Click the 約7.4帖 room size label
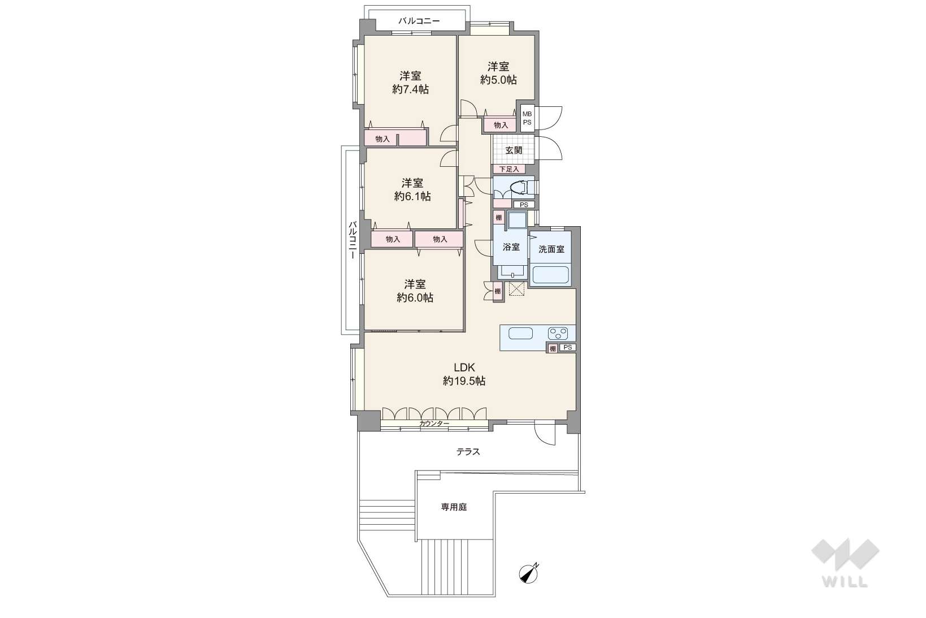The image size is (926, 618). point(411,89)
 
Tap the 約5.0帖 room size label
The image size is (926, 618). point(498,79)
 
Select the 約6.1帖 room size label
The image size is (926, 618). point(412,196)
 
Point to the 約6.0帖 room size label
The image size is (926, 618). point(415,297)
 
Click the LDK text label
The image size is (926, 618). point(464,367)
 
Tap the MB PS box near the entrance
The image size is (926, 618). point(527,118)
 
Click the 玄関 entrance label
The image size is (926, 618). point(514,150)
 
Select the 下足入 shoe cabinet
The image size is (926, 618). point(509,169)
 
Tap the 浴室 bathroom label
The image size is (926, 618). point(511,247)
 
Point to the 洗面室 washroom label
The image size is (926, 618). point(551,249)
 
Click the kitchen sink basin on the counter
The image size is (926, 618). point(520,333)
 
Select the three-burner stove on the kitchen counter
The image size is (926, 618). point(558,333)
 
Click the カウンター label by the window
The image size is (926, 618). point(434,423)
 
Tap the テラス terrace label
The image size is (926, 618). point(468,452)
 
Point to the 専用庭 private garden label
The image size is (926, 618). point(454,507)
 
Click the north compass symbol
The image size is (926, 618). point(529,574)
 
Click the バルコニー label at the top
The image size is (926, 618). point(419,21)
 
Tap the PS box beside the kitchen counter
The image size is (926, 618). point(568,348)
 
